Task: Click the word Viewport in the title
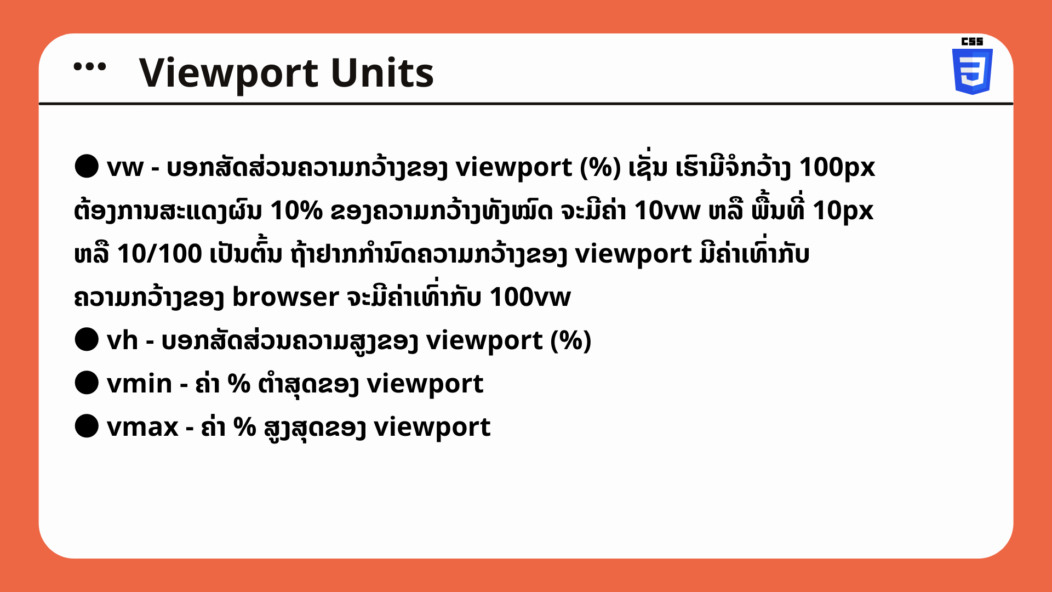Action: point(228,73)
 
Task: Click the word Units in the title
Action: point(382,72)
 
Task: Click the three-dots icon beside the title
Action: point(90,67)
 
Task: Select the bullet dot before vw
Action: point(87,167)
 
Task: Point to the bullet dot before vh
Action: point(87,340)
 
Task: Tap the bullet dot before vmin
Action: point(87,383)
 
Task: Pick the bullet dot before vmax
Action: point(87,426)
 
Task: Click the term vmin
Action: point(140,383)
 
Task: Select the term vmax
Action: point(143,427)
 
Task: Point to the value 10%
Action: point(296,210)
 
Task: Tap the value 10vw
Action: point(667,210)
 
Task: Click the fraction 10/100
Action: point(159,254)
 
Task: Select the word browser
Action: point(286,297)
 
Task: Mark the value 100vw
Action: point(530,297)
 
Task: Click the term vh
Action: point(122,340)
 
